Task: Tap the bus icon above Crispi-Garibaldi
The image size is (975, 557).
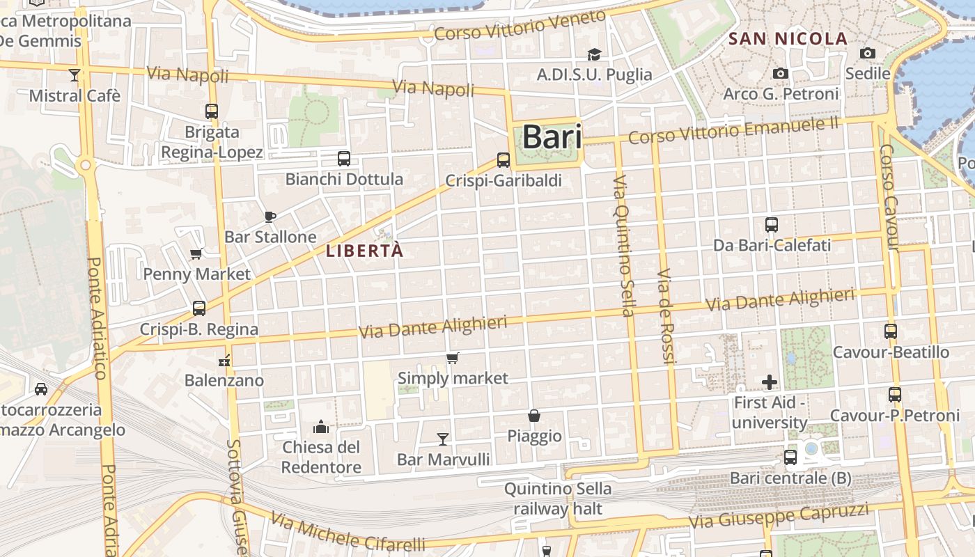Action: point(504,160)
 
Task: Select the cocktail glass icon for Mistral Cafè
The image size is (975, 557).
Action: point(75,74)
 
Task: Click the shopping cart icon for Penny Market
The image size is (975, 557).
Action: point(196,254)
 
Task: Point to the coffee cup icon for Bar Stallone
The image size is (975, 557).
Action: point(270,217)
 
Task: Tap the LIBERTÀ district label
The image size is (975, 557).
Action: point(364,251)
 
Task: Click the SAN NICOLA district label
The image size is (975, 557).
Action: point(788,39)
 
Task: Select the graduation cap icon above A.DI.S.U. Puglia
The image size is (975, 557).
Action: point(594,54)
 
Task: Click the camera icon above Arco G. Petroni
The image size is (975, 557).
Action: point(781,73)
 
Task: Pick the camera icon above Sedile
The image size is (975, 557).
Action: point(867,53)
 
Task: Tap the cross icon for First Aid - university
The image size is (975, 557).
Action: point(770,382)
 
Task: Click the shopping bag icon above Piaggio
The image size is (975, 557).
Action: point(534,416)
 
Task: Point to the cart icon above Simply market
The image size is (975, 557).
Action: point(453,358)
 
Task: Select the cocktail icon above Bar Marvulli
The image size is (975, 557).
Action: point(442,439)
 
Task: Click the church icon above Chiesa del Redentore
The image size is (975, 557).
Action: point(321,426)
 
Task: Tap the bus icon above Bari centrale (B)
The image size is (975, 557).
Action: point(790,457)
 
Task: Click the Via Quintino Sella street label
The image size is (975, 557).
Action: point(623,245)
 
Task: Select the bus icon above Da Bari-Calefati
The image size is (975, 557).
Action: point(772,225)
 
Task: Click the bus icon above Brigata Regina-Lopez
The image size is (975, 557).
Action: point(212,111)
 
